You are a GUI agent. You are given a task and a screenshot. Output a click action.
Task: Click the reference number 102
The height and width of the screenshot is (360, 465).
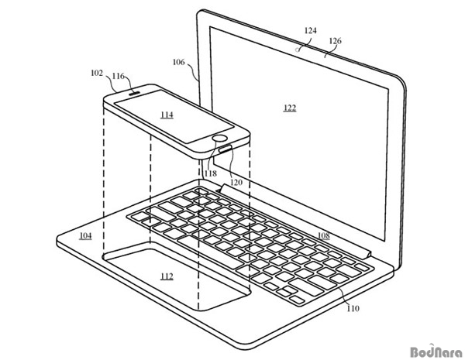click(x=97, y=73)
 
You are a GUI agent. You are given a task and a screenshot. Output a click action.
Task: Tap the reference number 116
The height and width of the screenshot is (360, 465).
click(x=118, y=76)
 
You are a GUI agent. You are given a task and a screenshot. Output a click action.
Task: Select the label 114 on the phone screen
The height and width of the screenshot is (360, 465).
click(x=167, y=115)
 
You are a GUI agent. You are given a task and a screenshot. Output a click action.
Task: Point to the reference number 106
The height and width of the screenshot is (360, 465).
click(x=178, y=62)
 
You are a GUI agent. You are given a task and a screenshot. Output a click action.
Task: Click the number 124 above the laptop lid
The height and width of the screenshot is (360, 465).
click(x=311, y=30)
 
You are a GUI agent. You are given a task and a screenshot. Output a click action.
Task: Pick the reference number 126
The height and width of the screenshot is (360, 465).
click(x=335, y=40)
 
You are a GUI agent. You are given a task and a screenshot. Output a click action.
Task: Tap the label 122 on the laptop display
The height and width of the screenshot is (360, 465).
click(x=290, y=108)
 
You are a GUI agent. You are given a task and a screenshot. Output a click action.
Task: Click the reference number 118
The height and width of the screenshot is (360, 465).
click(x=211, y=173)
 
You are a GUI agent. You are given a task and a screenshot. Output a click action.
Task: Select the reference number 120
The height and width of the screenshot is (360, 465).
click(x=236, y=182)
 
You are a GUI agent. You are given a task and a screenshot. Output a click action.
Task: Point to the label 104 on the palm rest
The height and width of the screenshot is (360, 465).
click(x=85, y=236)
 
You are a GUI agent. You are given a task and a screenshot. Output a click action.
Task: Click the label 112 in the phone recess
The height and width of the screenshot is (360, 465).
click(x=167, y=276)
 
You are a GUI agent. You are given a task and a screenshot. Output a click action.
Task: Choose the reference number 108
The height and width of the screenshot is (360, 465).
click(x=323, y=235)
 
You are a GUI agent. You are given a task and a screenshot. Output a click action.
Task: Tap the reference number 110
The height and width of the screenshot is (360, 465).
click(x=353, y=308)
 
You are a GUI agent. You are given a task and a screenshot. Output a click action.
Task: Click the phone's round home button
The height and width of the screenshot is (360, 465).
click(x=220, y=139)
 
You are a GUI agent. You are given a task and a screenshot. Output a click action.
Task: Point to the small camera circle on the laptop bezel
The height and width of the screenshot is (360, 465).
click(x=297, y=50)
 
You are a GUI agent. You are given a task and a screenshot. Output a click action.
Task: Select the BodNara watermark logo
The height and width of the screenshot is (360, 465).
click(x=436, y=351)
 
